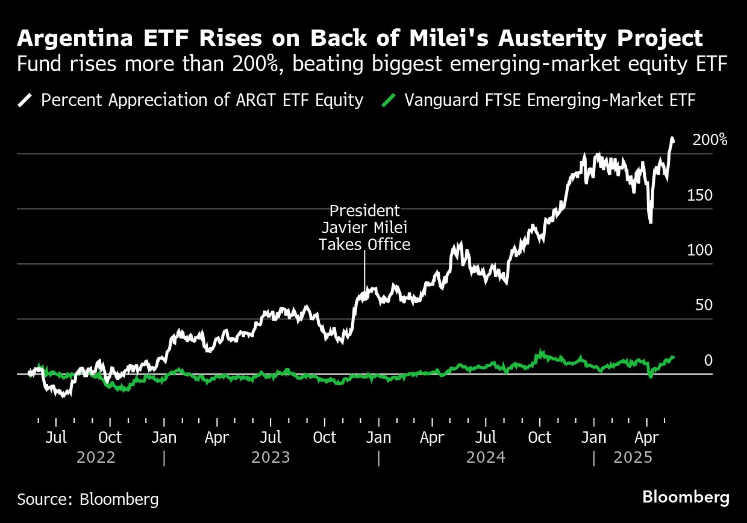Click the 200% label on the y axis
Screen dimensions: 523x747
(x=710, y=140)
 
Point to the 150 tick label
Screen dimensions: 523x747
(x=699, y=196)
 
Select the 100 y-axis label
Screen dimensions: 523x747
(x=699, y=251)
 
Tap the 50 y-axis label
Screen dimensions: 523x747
(x=704, y=305)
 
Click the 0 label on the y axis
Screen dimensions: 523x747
(x=708, y=360)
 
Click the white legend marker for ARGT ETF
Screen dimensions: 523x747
(x=25, y=100)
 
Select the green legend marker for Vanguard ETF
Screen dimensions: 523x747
(x=390, y=100)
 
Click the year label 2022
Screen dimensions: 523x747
(x=96, y=458)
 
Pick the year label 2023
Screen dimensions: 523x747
(x=270, y=458)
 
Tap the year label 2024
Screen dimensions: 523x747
(x=486, y=458)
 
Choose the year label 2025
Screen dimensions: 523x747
(x=633, y=458)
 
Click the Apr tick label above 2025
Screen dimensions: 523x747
(x=646, y=437)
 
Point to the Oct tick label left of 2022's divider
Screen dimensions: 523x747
(x=110, y=437)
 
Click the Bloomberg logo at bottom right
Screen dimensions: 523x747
(x=686, y=498)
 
